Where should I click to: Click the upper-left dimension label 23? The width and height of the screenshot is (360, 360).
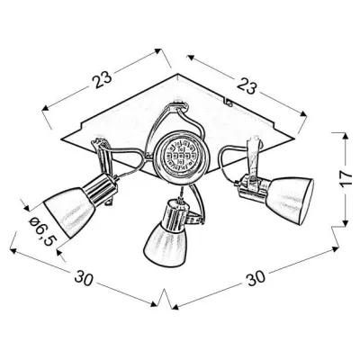point(102,79)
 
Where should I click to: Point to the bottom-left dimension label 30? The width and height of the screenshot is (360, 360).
point(85,277)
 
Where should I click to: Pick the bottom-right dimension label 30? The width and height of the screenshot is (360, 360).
point(256,277)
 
